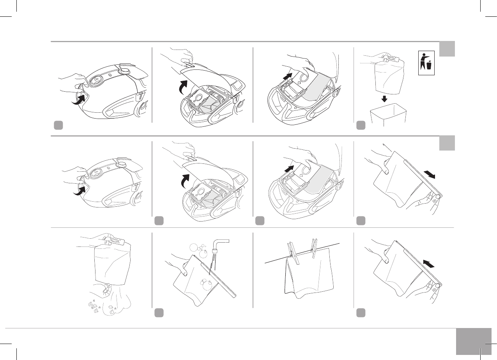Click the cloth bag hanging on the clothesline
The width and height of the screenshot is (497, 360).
(x=308, y=273)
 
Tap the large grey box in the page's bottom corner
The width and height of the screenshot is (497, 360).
(x=472, y=341)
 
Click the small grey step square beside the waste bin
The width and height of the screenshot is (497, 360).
(x=361, y=125)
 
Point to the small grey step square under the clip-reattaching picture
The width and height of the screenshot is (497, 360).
(x=361, y=312)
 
